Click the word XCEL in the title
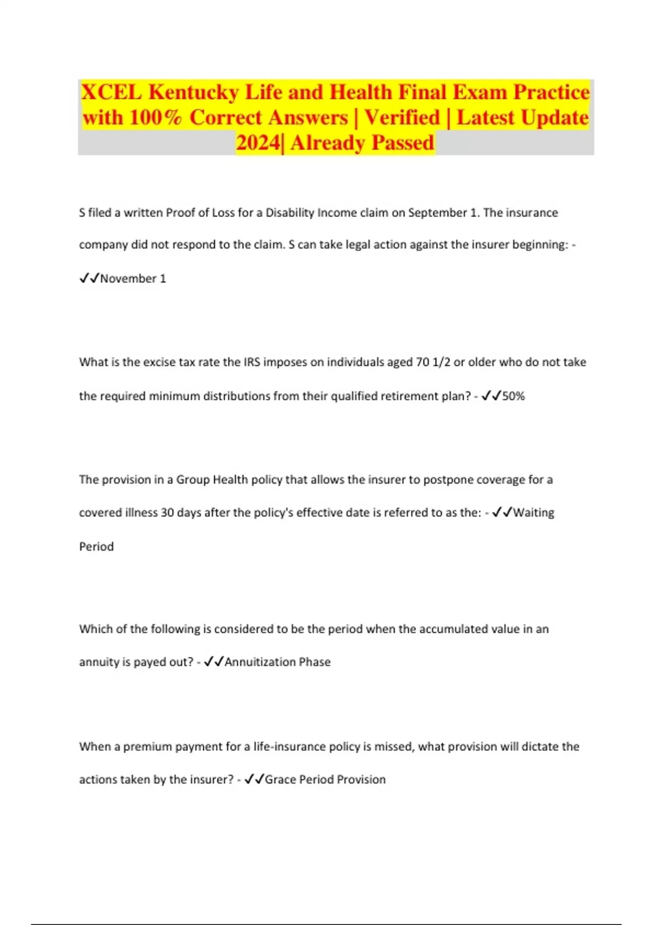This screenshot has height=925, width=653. [x=112, y=92]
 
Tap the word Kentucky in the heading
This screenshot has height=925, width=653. [x=193, y=92]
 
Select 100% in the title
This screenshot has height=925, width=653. [x=155, y=118]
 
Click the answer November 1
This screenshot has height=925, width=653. [x=133, y=279]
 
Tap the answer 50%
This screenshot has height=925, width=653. [x=513, y=396]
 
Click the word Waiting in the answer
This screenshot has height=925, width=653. [x=533, y=513]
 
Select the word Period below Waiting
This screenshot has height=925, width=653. [x=96, y=546]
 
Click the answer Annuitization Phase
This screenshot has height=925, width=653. [x=278, y=662]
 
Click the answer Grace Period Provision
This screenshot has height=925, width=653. [x=325, y=780]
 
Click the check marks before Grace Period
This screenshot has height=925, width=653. [x=254, y=780]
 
